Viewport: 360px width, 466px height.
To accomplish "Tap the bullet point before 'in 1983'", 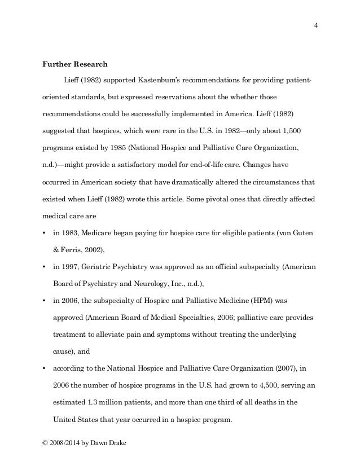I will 44,233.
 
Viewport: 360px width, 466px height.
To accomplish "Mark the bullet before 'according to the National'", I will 44,371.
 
